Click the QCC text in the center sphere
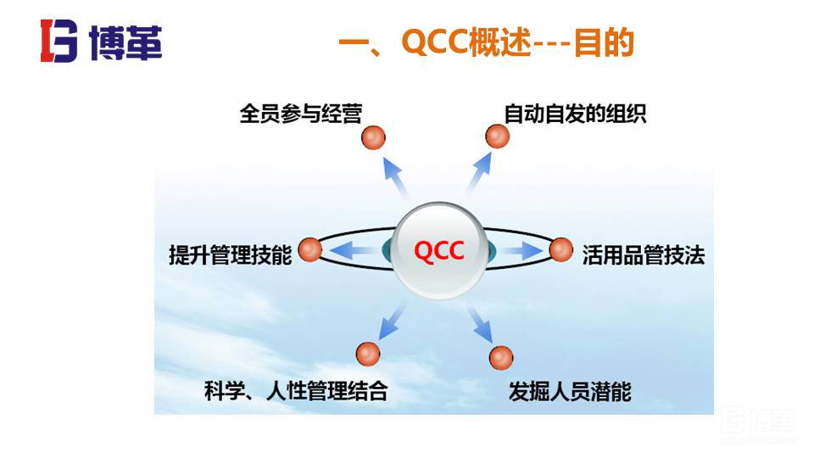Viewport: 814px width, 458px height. pyautogui.click(x=438, y=252)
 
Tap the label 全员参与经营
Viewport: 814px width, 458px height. pyautogui.click(x=300, y=114)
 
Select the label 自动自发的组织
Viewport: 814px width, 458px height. pyautogui.click(x=575, y=114)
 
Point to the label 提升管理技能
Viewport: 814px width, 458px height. pyautogui.click(x=230, y=254)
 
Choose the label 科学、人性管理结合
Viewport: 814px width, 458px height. pyautogui.click(x=296, y=391)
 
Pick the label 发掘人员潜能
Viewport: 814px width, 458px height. pyautogui.click(x=570, y=391)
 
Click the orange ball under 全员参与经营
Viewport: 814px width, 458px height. pyautogui.click(x=373, y=137)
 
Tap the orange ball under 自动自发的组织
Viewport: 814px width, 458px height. pyautogui.click(x=497, y=136)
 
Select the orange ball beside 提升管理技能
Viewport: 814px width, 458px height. pyautogui.click(x=310, y=249)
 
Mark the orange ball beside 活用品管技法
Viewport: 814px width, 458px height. pyautogui.click(x=561, y=249)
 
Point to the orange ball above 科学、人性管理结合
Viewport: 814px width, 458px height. pyautogui.click(x=368, y=353)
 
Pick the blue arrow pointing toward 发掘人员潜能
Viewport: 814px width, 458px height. pyautogui.click(x=480, y=324)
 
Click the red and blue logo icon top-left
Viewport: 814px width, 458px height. pyautogui.click(x=59, y=41)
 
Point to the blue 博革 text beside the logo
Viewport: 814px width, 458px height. pyautogui.click(x=125, y=42)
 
